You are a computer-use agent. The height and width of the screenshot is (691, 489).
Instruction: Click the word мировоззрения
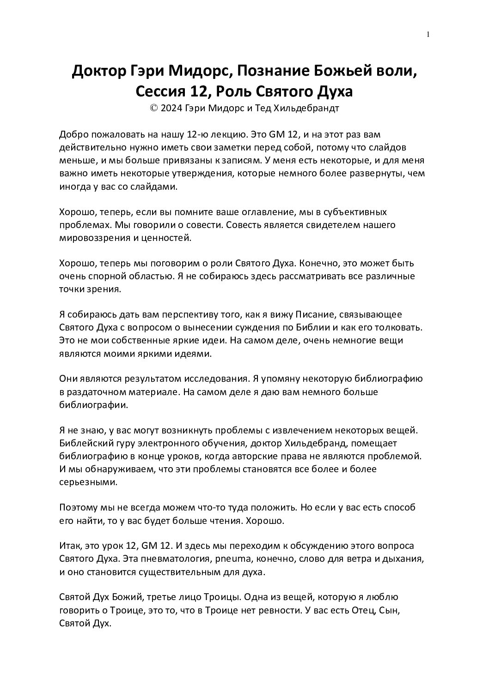[x=93, y=238]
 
